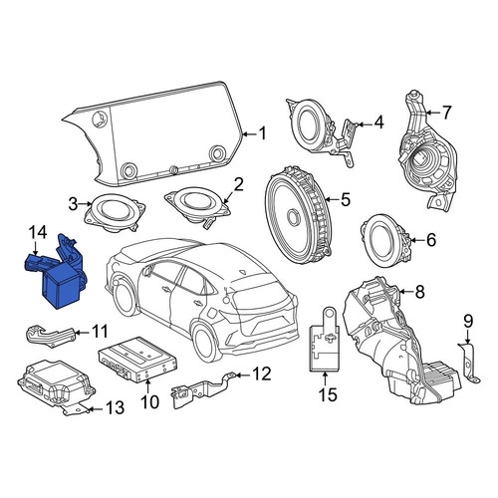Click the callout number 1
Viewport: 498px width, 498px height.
tap(263, 133)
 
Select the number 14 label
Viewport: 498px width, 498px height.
tap(38, 232)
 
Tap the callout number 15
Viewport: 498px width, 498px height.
tap(328, 394)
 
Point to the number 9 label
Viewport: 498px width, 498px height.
tap(468, 321)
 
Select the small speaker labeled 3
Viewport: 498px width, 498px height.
tap(115, 212)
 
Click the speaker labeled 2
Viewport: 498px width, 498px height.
tap(197, 206)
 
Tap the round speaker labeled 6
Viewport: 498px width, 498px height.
tap(385, 240)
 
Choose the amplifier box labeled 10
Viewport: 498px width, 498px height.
tap(137, 359)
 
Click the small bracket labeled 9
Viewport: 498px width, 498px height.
tap(469, 364)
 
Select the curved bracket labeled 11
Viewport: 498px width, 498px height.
tap(50, 336)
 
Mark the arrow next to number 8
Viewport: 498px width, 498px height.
tap(405, 292)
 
